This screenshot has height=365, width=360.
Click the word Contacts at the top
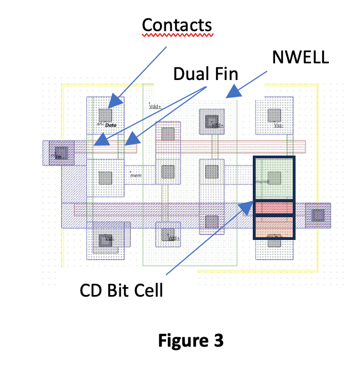[x=177, y=25]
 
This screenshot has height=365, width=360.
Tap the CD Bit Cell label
[x=121, y=289]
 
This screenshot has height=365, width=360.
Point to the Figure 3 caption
[x=191, y=340]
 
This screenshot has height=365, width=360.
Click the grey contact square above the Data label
[x=106, y=115]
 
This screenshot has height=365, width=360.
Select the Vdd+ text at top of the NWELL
[x=155, y=105]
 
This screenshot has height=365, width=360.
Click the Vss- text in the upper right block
[x=279, y=126]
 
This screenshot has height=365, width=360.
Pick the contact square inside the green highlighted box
[x=274, y=178]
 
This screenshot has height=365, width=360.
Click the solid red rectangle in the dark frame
[x=274, y=207]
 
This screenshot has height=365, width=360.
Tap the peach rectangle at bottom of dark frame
[x=274, y=227]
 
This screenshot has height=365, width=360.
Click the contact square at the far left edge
[x=61, y=152]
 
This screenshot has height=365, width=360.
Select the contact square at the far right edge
[x=318, y=215]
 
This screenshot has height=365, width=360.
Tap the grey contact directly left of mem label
[x=106, y=178]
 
